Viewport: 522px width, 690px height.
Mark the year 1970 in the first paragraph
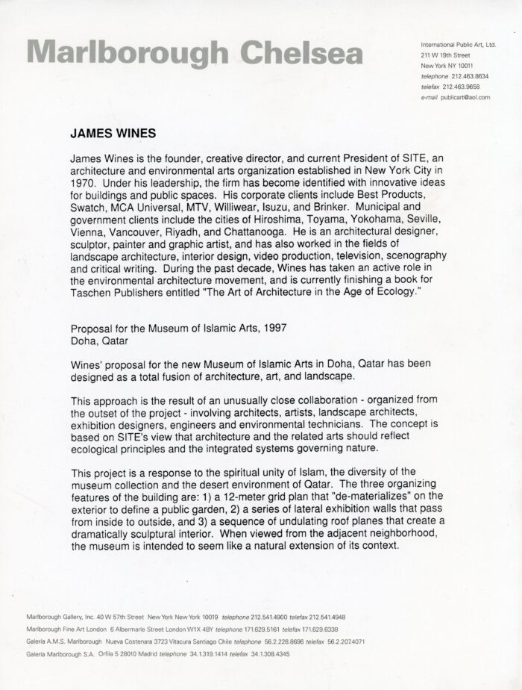pos(82,180)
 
